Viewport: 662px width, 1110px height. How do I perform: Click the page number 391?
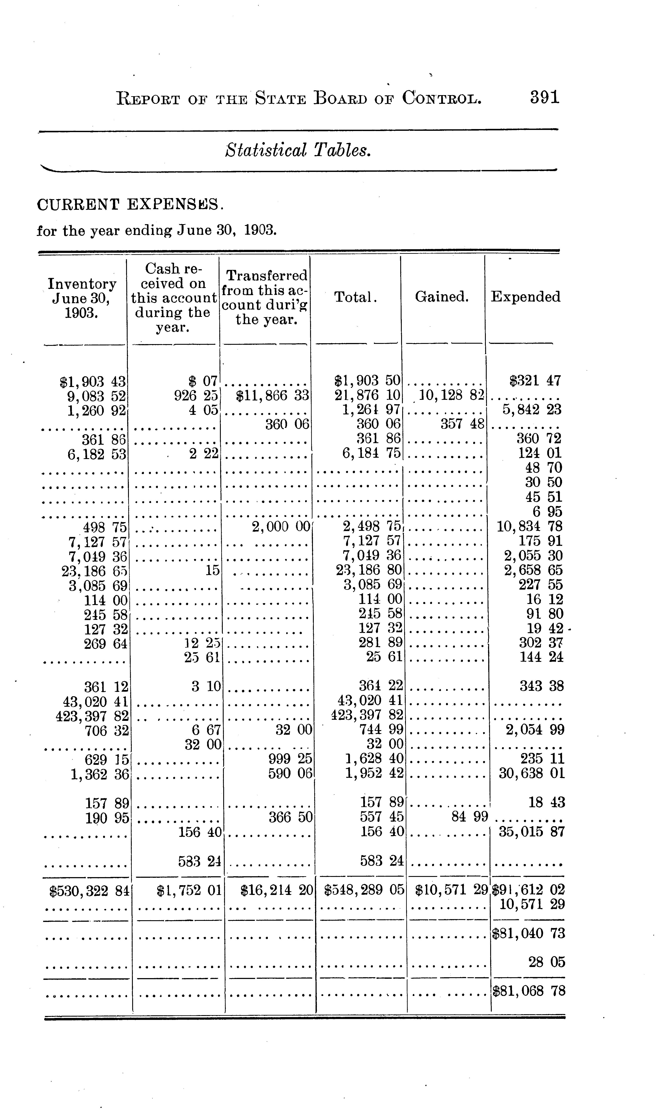(544, 97)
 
